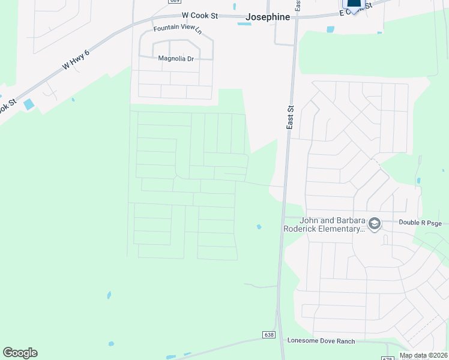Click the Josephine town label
[268, 17]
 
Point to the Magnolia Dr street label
[176, 58]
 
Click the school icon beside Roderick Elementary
[375, 224]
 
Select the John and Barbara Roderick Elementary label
[325, 224]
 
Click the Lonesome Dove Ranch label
[321, 341]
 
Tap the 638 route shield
[268, 334]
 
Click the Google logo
[20, 353]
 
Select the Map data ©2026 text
[423, 355]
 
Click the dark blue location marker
[354, 5]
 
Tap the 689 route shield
[174, 1]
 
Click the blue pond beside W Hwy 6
[29, 104]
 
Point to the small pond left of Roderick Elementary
[259, 227]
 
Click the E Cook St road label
[356, 7]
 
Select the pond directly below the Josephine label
[244, 23]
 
